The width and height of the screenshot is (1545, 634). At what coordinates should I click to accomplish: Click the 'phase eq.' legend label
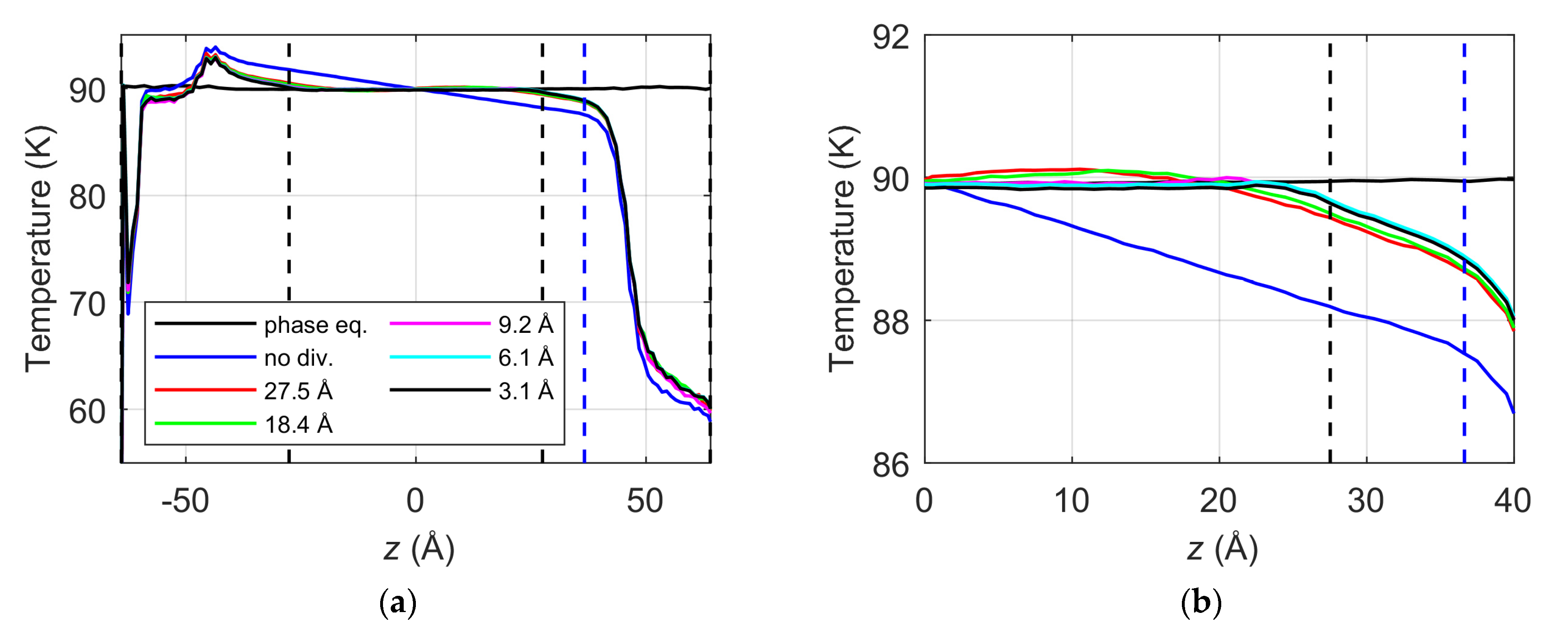tap(316, 326)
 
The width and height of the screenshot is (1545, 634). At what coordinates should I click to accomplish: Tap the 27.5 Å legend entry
tap(298, 392)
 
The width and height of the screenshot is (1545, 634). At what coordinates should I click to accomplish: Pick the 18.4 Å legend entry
tap(298, 425)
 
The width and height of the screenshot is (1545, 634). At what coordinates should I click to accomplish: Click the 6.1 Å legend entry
tap(526, 358)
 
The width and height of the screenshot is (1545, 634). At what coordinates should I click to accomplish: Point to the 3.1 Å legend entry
tap(526, 391)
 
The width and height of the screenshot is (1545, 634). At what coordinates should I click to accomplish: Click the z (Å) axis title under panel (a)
tap(419, 549)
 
